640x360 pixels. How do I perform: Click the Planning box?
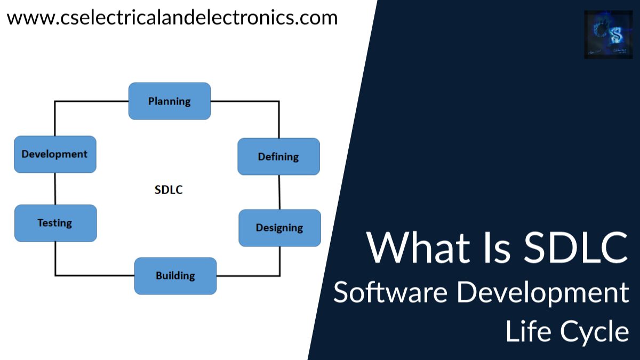(170, 101)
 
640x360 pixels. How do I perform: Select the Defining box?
(278, 156)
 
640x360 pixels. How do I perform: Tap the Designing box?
(279, 228)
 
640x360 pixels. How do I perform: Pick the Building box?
(175, 276)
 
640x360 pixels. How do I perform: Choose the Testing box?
(55, 222)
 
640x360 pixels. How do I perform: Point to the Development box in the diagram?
(54, 154)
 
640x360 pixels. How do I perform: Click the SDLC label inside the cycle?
(169, 189)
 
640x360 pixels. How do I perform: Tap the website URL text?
(172, 18)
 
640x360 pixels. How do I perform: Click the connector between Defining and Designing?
(279, 192)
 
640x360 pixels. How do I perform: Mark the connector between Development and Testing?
(55, 188)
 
